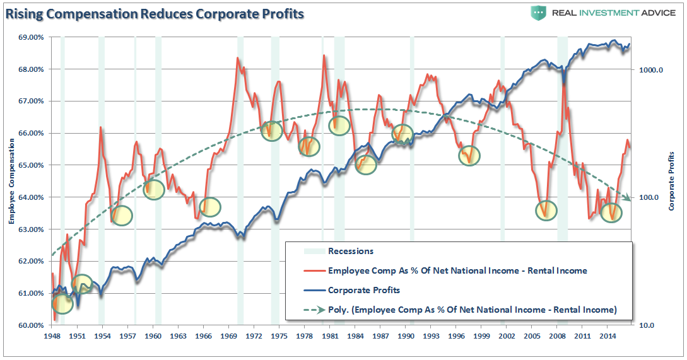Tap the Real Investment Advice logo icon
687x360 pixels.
coord(538,13)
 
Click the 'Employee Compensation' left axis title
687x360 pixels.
coord(12,182)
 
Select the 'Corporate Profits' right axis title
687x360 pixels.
coord(672,181)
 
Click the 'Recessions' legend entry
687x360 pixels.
coord(351,251)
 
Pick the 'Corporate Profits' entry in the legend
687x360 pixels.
coord(364,291)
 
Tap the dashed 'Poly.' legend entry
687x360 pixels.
coord(471,310)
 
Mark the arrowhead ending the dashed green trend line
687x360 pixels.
coord(628,199)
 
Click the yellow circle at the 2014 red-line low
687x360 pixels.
coord(611,212)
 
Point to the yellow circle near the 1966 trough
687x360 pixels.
coord(210,206)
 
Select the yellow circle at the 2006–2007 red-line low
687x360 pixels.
coord(546,210)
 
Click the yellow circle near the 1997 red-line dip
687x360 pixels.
coord(469,155)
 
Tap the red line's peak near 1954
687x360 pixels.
coord(100,127)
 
